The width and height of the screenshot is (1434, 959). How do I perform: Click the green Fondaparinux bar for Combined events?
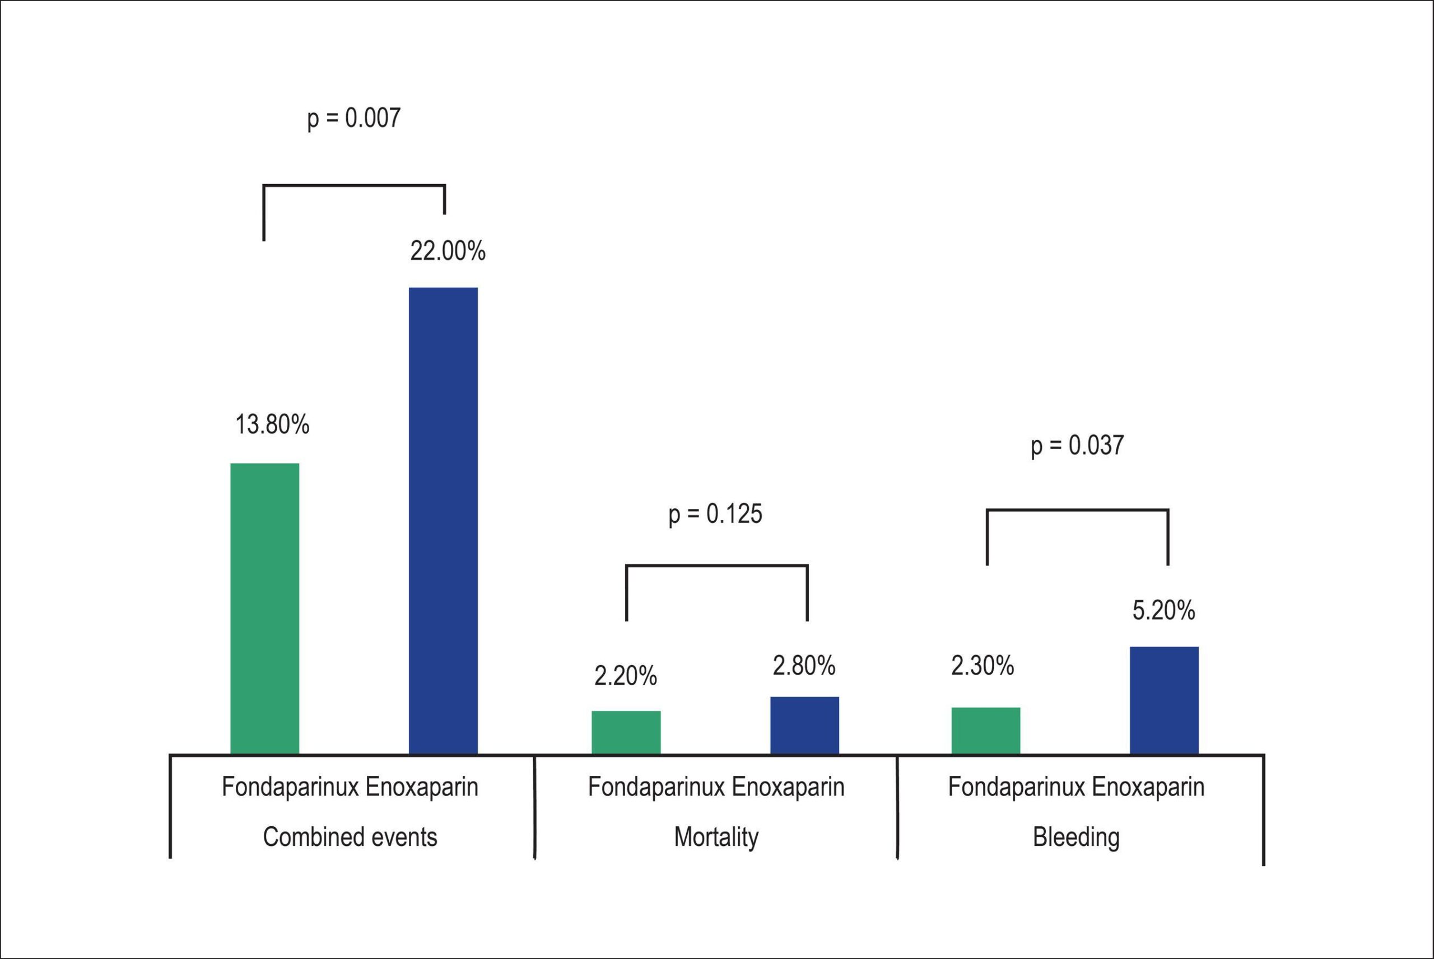click(x=265, y=609)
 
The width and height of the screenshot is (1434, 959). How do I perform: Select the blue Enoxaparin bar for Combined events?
click(x=444, y=521)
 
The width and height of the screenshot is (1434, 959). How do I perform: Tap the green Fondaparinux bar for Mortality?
click(x=626, y=732)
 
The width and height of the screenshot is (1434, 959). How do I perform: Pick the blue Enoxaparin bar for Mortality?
click(x=804, y=726)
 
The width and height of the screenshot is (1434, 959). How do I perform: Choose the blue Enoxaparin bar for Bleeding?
click(x=1164, y=700)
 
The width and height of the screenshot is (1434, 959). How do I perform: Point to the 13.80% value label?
click(x=272, y=424)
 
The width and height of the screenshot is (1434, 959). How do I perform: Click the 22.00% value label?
click(x=448, y=251)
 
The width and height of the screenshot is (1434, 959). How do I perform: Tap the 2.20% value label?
click(x=626, y=676)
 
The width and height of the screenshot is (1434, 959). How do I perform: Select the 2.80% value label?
click(x=804, y=666)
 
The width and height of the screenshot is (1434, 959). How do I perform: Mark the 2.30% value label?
click(x=983, y=666)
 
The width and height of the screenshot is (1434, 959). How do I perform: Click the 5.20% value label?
click(x=1163, y=610)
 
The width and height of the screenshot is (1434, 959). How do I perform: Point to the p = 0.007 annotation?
click(x=353, y=118)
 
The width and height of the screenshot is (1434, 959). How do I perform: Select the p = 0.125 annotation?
click(x=716, y=514)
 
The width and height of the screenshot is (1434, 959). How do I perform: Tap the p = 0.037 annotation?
click(x=1077, y=445)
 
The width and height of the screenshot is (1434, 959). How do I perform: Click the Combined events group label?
click(x=350, y=837)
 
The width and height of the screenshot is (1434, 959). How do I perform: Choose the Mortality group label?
click(x=716, y=838)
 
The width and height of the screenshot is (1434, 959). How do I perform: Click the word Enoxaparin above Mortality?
click(x=788, y=787)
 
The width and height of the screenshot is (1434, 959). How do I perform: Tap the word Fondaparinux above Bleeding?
click(x=1017, y=787)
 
